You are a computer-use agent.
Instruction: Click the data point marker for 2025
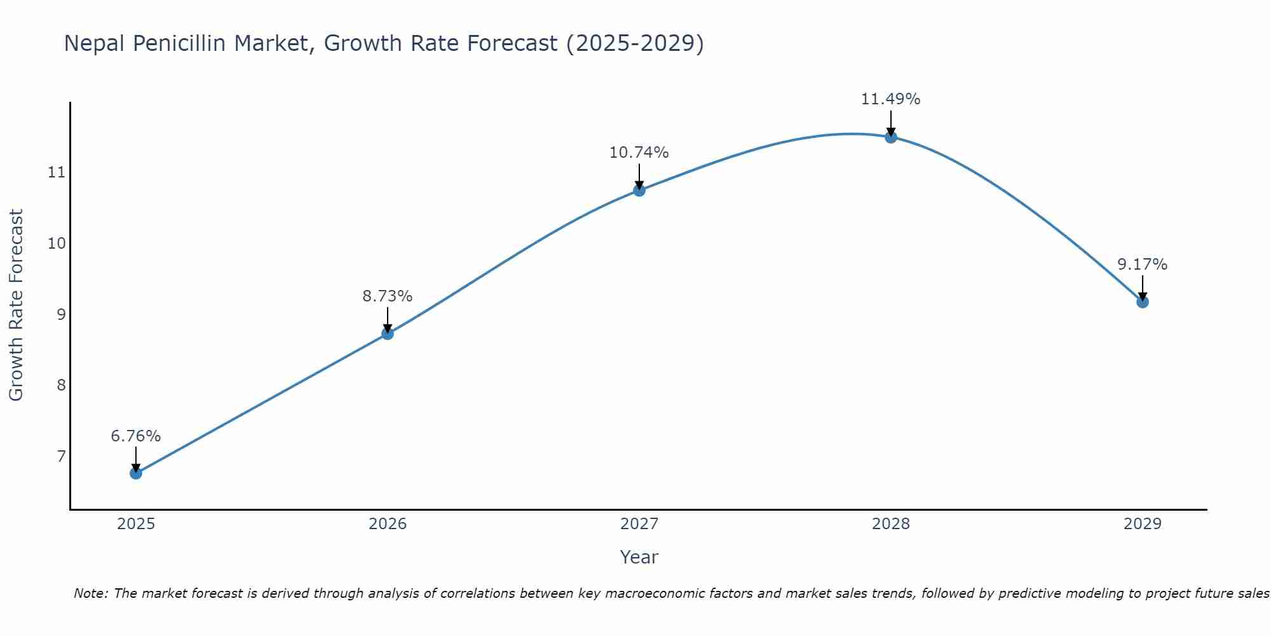(135, 473)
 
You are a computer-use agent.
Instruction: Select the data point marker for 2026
(387, 333)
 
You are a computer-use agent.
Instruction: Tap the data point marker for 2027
(639, 190)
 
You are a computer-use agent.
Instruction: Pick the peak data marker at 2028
(890, 137)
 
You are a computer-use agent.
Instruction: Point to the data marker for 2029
(1142, 301)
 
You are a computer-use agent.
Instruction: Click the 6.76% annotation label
(135, 436)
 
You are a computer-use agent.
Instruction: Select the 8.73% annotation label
(387, 296)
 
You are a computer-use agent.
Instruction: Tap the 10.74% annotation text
(639, 153)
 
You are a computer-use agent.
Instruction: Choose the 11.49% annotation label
(890, 99)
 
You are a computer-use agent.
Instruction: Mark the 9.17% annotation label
(1142, 265)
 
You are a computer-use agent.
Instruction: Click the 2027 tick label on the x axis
(639, 524)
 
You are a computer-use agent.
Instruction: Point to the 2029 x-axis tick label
(1142, 524)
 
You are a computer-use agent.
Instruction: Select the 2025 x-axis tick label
(135, 524)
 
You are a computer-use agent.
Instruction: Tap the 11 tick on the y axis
(57, 172)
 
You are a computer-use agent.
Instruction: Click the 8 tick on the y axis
(61, 385)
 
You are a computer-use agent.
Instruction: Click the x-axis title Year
(639, 557)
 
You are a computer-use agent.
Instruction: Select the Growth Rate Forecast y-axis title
(16, 305)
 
